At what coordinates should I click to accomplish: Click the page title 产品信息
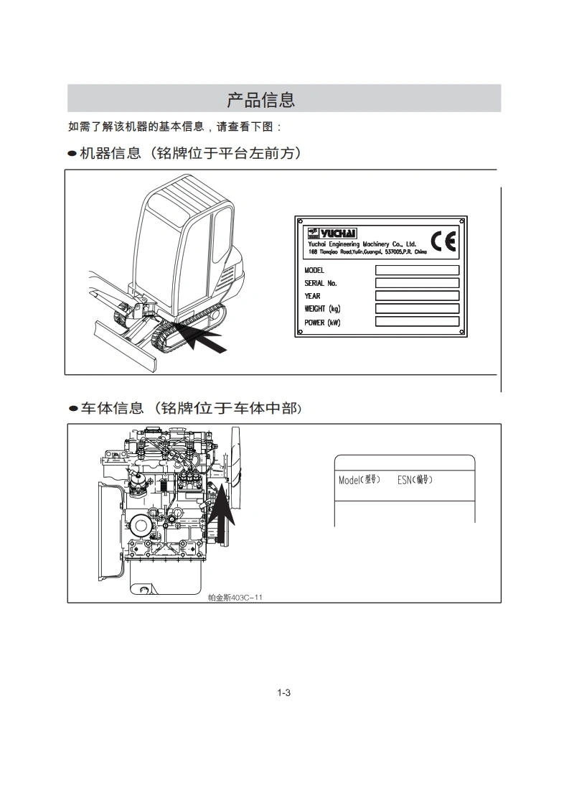click(x=261, y=99)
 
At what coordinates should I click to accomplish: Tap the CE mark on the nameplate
click(x=443, y=241)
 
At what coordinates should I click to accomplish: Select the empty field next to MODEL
click(x=417, y=270)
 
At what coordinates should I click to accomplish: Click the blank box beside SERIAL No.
click(x=417, y=283)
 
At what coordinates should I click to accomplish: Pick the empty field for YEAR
click(x=417, y=296)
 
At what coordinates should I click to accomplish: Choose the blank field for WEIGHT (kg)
click(x=417, y=309)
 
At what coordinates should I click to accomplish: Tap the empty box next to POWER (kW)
click(x=417, y=322)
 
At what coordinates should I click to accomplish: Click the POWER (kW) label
click(x=322, y=323)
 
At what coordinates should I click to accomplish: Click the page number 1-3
click(x=283, y=692)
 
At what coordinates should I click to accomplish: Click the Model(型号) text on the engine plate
click(x=359, y=479)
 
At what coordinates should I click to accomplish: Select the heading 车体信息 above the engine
click(x=111, y=409)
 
